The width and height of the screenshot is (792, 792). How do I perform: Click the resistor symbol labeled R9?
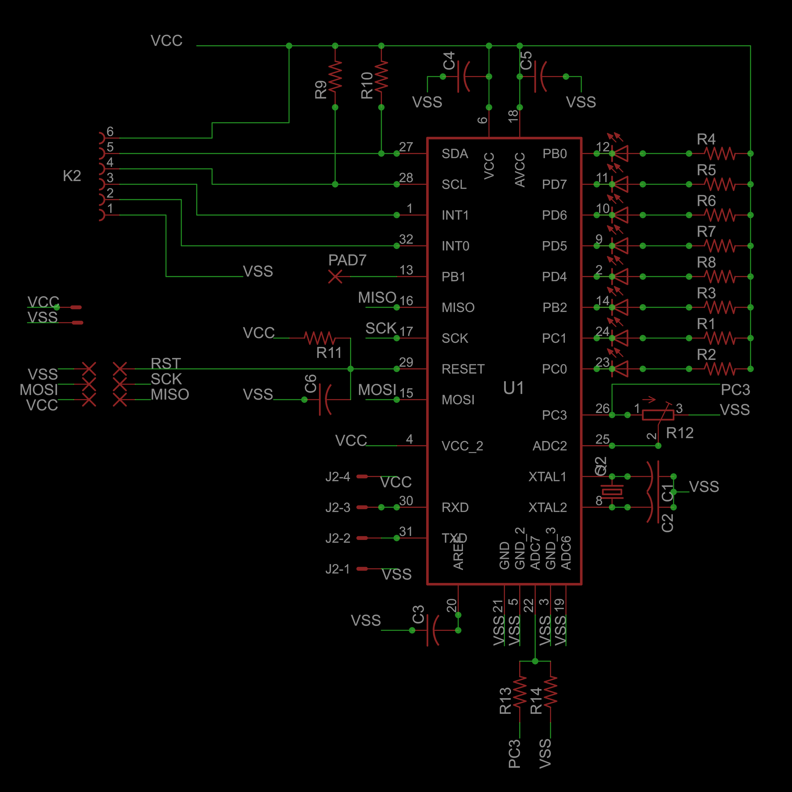[x=335, y=76]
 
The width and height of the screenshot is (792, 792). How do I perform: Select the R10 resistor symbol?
[x=381, y=76]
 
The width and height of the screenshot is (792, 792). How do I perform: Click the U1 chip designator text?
[x=513, y=388]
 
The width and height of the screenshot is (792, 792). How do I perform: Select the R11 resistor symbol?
[x=320, y=338]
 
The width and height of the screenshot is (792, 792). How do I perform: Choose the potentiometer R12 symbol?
[x=658, y=415]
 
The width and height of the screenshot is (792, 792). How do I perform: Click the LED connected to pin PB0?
[x=620, y=153]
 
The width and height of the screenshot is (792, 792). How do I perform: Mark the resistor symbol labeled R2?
[x=720, y=369]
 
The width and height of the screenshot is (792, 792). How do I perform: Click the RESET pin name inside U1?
[x=463, y=369]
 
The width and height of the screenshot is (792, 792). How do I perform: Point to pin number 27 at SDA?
[x=406, y=147]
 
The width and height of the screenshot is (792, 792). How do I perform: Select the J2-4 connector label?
[x=338, y=477]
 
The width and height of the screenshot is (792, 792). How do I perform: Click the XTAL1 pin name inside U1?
[x=547, y=477]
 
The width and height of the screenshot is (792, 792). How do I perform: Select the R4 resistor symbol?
[x=720, y=154]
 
